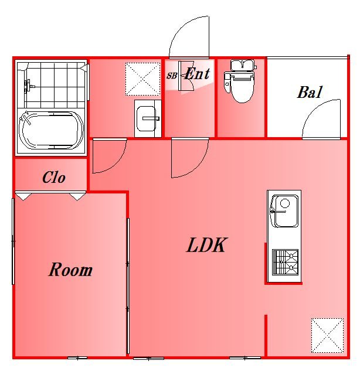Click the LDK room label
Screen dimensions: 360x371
(x=206, y=245)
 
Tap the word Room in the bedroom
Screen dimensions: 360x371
(x=70, y=270)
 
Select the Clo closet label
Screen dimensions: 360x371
(x=54, y=177)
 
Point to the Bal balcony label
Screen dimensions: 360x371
(x=310, y=92)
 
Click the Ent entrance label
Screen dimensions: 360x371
(x=197, y=74)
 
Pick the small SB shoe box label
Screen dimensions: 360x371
(x=172, y=76)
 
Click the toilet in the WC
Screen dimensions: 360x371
(x=240, y=81)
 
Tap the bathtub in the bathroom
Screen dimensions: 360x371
(x=51, y=130)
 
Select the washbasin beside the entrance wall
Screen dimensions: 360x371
(x=148, y=118)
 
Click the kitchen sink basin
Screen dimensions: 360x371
(x=284, y=211)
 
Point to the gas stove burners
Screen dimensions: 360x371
(x=285, y=262)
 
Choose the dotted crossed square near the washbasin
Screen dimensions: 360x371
(x=142, y=79)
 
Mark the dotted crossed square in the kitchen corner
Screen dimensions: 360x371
(x=327, y=335)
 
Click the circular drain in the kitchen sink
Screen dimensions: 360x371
(x=285, y=203)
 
